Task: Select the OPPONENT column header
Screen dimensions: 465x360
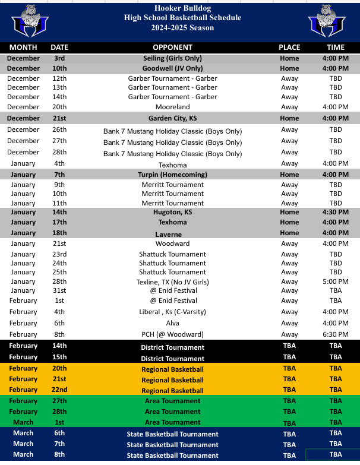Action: (x=172, y=48)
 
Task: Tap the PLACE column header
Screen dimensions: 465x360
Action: (x=289, y=48)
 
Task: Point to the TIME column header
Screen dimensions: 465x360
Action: (x=336, y=48)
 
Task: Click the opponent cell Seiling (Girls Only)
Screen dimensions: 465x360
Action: (x=172, y=59)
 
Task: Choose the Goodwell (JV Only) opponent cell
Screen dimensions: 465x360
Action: (x=172, y=69)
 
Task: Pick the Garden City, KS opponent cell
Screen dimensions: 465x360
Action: (x=172, y=118)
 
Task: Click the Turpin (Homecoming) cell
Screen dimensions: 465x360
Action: (x=172, y=175)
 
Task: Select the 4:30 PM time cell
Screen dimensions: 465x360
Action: (x=336, y=212)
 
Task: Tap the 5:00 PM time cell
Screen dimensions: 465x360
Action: (x=336, y=281)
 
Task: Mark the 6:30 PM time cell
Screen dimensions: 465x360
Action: (x=336, y=334)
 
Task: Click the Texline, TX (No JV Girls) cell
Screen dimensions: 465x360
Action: (x=172, y=281)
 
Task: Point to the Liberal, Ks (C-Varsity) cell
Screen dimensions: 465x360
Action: (x=172, y=312)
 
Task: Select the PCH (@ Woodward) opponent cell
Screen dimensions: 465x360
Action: (x=172, y=334)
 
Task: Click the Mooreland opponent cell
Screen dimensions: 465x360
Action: (x=172, y=107)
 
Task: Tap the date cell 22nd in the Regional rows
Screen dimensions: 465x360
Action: (x=59, y=390)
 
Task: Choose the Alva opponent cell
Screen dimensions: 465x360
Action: (x=172, y=323)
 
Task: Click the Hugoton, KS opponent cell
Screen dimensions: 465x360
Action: (x=172, y=212)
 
